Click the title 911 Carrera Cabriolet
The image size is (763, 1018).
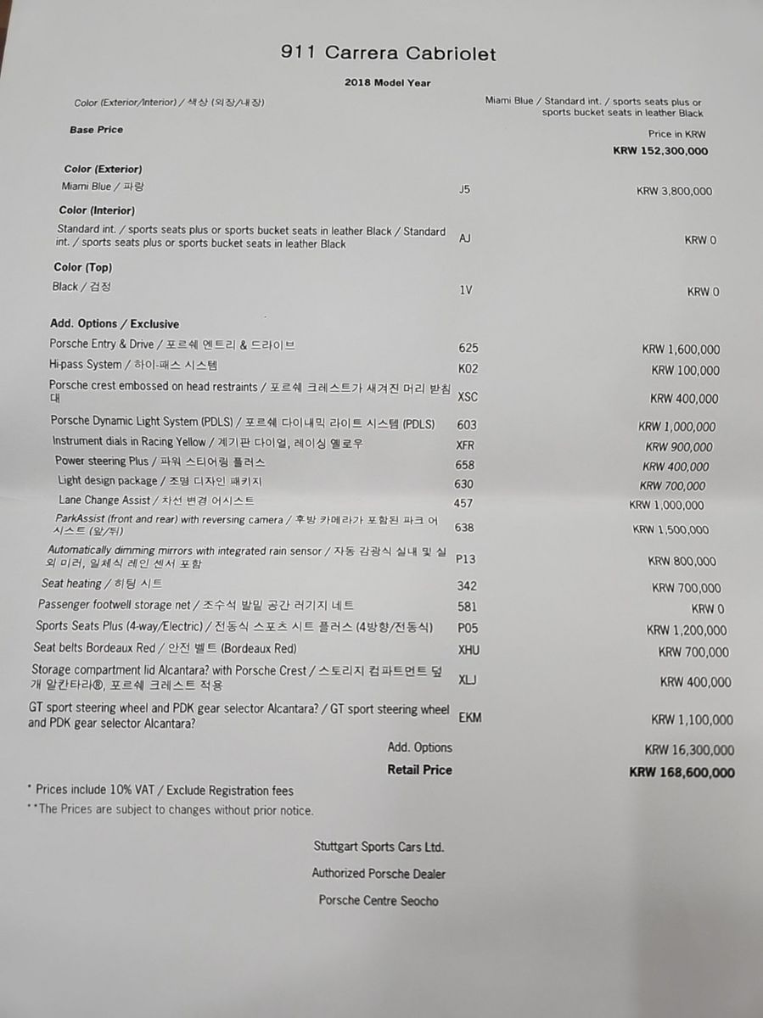point(388,54)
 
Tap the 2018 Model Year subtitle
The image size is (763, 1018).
point(387,83)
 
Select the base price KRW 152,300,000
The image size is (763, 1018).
point(659,152)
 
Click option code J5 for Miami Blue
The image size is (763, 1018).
point(463,190)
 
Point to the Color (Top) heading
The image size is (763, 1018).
point(83,267)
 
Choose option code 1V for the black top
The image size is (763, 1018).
point(465,290)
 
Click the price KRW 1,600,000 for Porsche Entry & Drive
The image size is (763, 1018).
point(681,350)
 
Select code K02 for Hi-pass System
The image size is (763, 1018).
point(468,370)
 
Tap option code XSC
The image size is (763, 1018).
point(468,397)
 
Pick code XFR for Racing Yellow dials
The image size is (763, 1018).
point(466,445)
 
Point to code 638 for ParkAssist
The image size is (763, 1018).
point(464,528)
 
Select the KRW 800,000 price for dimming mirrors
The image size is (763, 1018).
point(682,561)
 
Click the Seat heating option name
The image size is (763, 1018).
point(72,584)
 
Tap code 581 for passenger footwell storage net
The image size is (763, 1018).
point(467,607)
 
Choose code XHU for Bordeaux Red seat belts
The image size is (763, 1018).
point(468,650)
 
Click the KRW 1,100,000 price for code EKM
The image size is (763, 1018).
point(692,720)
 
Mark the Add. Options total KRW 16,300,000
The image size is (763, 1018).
point(689,750)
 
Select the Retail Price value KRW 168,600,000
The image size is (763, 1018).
point(682,773)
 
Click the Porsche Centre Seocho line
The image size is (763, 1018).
point(379,900)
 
